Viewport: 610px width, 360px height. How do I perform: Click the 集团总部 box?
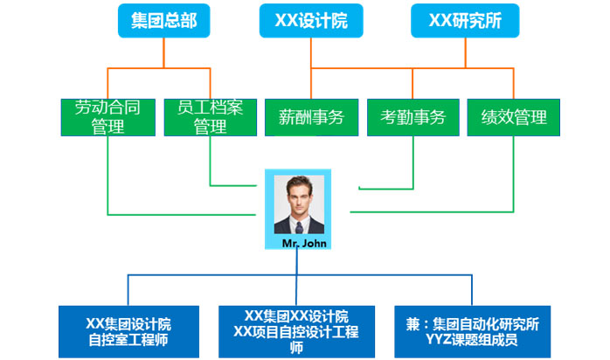tap(164, 21)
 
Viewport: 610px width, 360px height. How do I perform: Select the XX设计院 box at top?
tap(311, 21)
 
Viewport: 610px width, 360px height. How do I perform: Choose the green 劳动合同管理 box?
tap(108, 117)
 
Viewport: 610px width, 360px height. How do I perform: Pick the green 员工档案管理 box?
tap(207, 117)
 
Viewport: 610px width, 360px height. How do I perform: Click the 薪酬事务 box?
tap(311, 117)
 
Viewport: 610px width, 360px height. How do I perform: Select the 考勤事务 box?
tap(412, 117)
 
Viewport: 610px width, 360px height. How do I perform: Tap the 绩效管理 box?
tap(514, 117)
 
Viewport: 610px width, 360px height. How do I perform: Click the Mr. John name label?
tap(304, 243)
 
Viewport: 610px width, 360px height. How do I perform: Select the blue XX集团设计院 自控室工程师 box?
tap(128, 330)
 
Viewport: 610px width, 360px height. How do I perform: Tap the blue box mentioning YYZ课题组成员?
tap(472, 330)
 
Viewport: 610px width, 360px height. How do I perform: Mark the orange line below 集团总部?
tap(164, 52)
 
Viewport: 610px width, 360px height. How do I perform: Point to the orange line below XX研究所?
tap(465, 52)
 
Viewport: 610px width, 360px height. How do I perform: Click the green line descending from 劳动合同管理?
tap(108, 175)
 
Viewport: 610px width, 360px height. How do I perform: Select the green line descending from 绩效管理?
tap(514, 175)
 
